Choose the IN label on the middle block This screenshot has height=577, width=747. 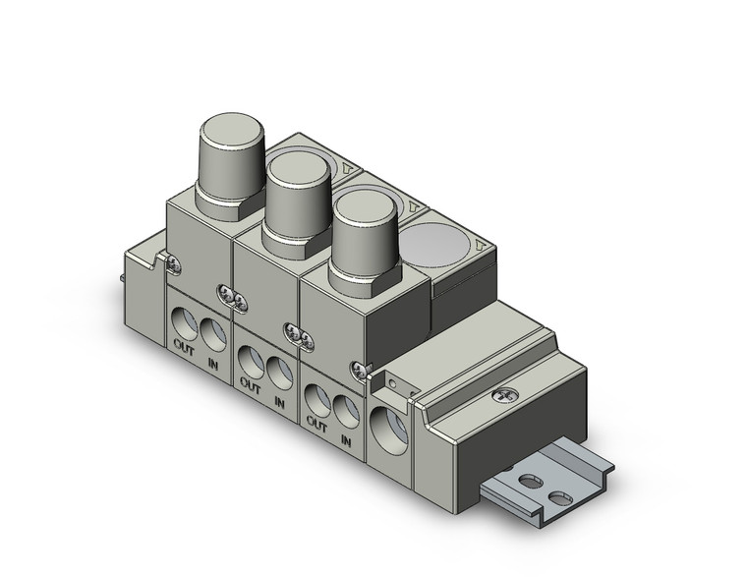(279, 400)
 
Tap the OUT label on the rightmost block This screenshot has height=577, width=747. (316, 424)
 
